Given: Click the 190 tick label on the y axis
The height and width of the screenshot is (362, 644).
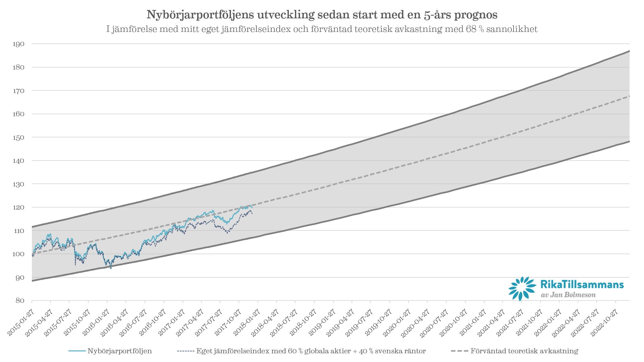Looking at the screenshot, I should tap(18, 44).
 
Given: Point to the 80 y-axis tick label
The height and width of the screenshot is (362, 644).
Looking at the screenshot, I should tap(20, 301).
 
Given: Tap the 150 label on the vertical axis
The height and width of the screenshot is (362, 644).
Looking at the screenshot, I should tap(18, 137).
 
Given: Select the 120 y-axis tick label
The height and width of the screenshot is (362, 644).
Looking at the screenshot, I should tap(18, 208).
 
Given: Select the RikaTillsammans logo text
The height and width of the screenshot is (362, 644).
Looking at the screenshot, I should tap(582, 284).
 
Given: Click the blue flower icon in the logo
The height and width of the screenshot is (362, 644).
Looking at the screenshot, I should tap(522, 288).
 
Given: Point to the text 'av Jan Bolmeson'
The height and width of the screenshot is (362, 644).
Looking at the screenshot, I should tap(568, 295).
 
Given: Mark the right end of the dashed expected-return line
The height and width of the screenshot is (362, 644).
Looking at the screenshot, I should tap(629, 96).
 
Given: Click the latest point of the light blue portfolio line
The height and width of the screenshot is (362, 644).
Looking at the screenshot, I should tap(252, 208).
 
